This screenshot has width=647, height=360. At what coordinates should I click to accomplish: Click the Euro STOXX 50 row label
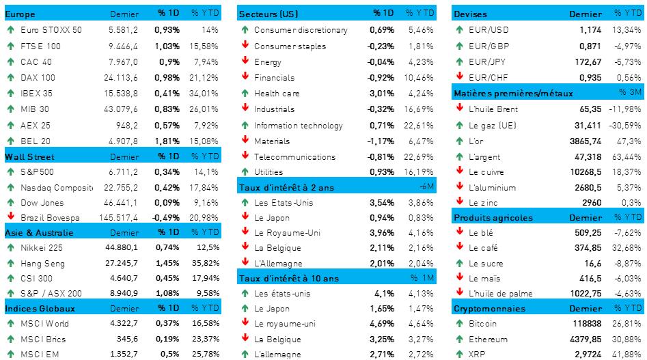(51, 30)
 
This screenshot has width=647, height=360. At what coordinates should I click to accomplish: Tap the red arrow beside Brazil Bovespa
(10, 217)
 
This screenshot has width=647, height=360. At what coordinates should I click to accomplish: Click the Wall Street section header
(25, 156)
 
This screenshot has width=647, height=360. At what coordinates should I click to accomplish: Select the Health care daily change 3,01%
(381, 94)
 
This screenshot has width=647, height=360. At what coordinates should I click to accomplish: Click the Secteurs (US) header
(269, 14)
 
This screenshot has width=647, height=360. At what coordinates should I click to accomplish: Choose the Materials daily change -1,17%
(380, 141)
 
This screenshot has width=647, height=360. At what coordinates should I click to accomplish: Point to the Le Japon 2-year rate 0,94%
(381, 218)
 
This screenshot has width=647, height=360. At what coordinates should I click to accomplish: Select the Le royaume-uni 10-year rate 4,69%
(381, 324)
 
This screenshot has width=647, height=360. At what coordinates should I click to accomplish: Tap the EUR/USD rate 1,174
(590, 30)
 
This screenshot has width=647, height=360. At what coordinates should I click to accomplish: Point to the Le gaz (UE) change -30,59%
(627, 125)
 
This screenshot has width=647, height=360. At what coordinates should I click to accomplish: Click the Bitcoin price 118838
(587, 324)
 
